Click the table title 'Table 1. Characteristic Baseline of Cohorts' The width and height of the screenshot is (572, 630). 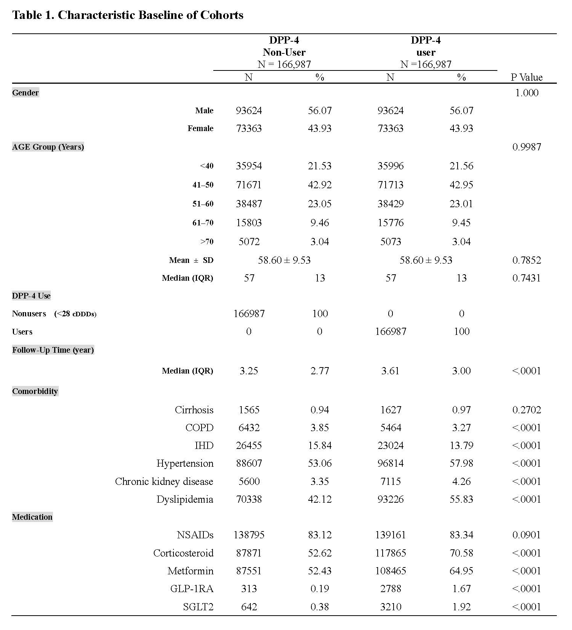click(128, 15)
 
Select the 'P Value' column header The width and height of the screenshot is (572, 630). click(526, 77)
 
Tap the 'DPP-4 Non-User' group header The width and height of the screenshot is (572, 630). click(284, 46)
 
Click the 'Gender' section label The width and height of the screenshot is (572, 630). click(25, 93)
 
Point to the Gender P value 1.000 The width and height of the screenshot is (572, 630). click(527, 93)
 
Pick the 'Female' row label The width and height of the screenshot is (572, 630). click(200, 128)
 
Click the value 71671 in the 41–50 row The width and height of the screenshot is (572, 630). click(249, 185)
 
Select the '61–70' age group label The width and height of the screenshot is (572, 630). click(203, 223)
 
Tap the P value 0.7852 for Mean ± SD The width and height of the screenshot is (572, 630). click(527, 260)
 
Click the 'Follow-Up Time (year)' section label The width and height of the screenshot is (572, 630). click(53, 350)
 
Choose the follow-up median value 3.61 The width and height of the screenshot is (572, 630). click(390, 371)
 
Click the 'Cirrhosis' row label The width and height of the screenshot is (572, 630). click(194, 410)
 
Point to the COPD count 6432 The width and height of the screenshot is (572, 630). click(249, 428)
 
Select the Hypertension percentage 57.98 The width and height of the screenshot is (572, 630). click(461, 463)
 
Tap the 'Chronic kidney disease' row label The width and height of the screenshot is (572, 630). click(164, 481)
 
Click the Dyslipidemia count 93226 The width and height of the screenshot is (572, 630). click(391, 499)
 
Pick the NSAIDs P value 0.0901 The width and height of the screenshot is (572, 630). click(527, 535)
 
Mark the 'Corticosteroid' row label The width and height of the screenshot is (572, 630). click(183, 553)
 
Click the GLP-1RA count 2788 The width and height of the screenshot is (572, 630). click(391, 589)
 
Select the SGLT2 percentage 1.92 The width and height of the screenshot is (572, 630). click(461, 607)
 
